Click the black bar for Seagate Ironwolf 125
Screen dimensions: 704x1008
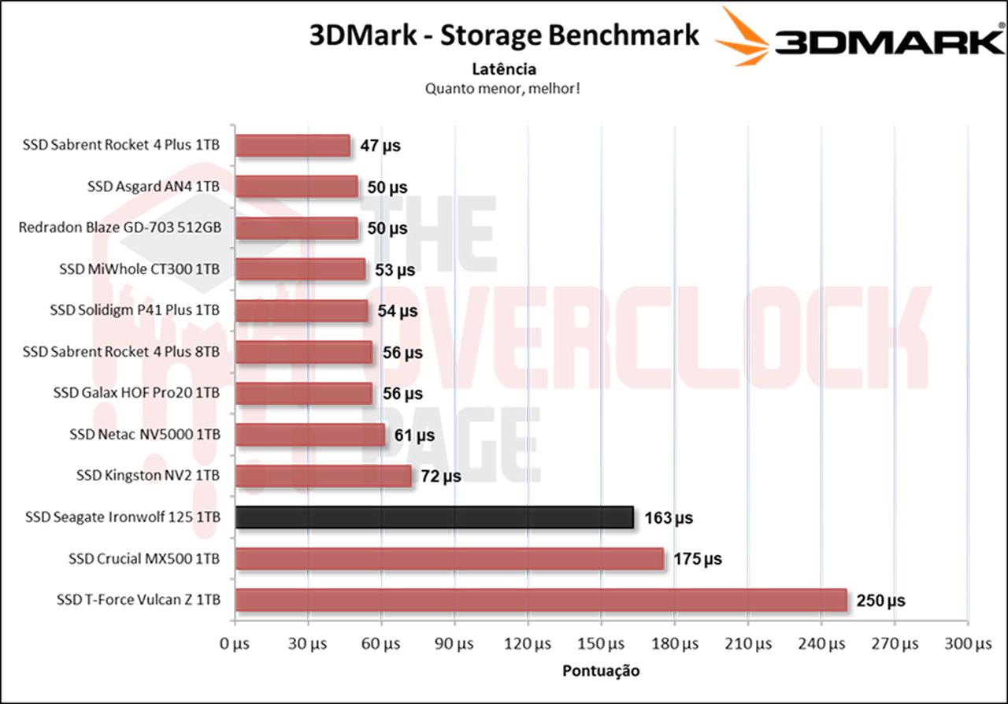pos(434,517)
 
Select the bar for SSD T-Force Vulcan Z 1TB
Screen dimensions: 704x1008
pos(541,600)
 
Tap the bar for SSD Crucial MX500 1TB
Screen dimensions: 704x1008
pos(450,559)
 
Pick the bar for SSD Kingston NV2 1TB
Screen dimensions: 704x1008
pos(324,476)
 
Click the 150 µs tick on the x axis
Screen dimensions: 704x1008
pos(601,644)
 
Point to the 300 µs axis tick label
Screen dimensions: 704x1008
pos(967,644)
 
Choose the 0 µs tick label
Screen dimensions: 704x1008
pos(235,644)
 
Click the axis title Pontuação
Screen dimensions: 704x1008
pos(601,672)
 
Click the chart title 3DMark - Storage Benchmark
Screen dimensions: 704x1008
pos(504,35)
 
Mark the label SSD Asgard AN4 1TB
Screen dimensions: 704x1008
pos(154,187)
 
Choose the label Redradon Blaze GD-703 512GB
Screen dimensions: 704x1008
pos(120,228)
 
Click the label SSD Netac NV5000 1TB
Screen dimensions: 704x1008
pos(145,435)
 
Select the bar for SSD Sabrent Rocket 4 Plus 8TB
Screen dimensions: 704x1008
pos(304,352)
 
